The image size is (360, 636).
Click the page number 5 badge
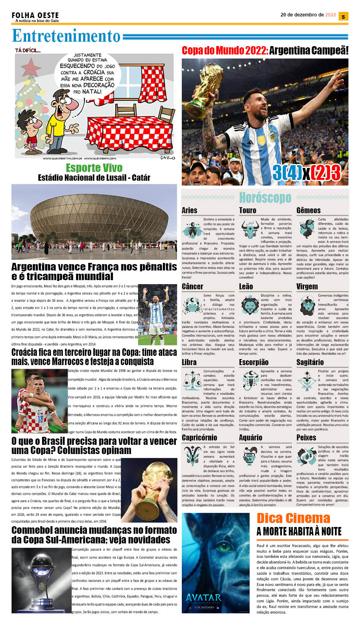pos(343,16)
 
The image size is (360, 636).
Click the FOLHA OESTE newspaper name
pos(35,15)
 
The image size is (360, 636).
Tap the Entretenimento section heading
pos(66,36)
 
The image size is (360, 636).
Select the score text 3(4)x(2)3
pos(306,173)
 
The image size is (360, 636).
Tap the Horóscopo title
pos(265,198)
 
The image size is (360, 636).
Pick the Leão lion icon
pos(249,305)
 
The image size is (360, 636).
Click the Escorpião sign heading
pos(253,362)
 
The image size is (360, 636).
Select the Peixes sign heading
pos(306,438)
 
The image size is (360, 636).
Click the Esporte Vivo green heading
pos(94,168)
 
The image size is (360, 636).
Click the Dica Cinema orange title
pos(293,518)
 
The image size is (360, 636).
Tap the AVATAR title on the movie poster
pos(203,598)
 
